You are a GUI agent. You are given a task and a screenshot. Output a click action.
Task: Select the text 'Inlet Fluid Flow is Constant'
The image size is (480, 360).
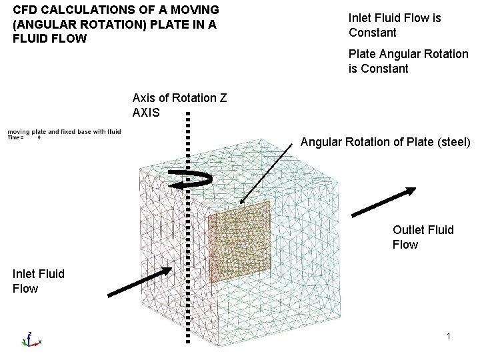pyautogui.click(x=394, y=25)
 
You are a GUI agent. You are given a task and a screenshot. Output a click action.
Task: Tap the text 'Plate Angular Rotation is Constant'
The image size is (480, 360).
pyautogui.click(x=408, y=61)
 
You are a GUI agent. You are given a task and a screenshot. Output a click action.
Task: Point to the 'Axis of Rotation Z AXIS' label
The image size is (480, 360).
pyautogui.click(x=179, y=105)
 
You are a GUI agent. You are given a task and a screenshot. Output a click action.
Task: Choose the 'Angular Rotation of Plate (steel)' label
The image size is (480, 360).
pyautogui.click(x=385, y=142)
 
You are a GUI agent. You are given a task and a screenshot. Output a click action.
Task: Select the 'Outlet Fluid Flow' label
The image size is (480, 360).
pyautogui.click(x=423, y=237)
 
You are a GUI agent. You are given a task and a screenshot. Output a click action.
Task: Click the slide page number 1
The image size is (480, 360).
pyautogui.click(x=449, y=337)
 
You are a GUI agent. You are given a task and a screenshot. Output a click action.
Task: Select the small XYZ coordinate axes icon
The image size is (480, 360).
pyautogui.click(x=29, y=339)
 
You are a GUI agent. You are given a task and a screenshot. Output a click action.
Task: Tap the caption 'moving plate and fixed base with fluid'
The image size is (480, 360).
pyautogui.click(x=64, y=132)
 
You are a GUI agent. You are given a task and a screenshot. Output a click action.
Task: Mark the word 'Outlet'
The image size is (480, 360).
pyautogui.click(x=408, y=230)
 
